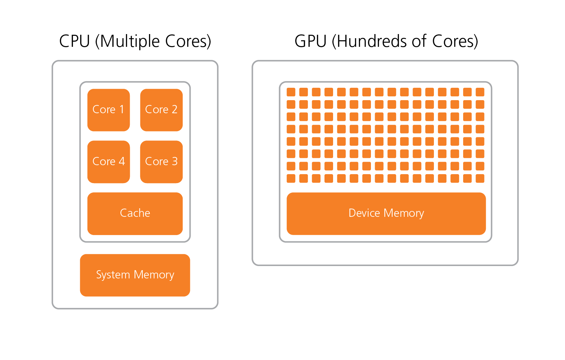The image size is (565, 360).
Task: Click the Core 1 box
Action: point(108,110)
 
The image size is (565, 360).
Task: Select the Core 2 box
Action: point(161,110)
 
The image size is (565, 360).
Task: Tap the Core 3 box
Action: point(161,161)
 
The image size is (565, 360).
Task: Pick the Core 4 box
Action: point(108,161)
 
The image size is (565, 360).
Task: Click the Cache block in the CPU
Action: point(135,213)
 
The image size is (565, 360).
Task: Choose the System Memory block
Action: point(135,275)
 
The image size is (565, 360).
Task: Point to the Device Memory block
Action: point(386,213)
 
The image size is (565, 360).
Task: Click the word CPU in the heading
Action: point(74,41)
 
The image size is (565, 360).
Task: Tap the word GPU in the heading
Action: point(310,41)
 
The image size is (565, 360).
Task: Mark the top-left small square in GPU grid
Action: point(291,92)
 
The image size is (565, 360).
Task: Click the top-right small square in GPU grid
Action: point(480,92)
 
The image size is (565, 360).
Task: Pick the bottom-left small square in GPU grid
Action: point(291,178)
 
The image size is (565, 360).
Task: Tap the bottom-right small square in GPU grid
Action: point(480,178)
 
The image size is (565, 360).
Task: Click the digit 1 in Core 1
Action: point(121,109)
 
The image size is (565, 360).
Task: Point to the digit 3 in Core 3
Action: point(175,161)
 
